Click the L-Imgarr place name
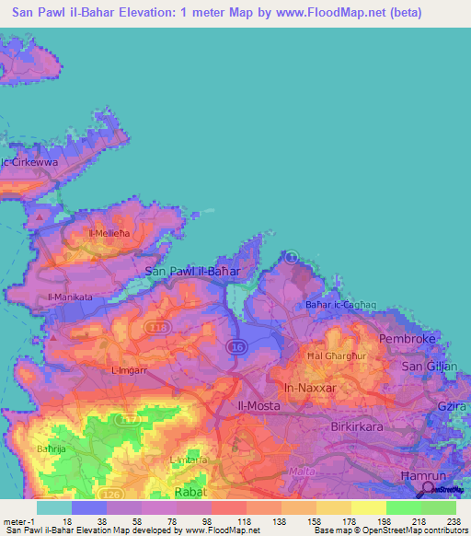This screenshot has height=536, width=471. [129, 370]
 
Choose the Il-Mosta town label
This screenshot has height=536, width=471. [259, 405]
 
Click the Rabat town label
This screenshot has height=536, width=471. [189, 492]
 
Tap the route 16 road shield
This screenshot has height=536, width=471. [237, 345]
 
